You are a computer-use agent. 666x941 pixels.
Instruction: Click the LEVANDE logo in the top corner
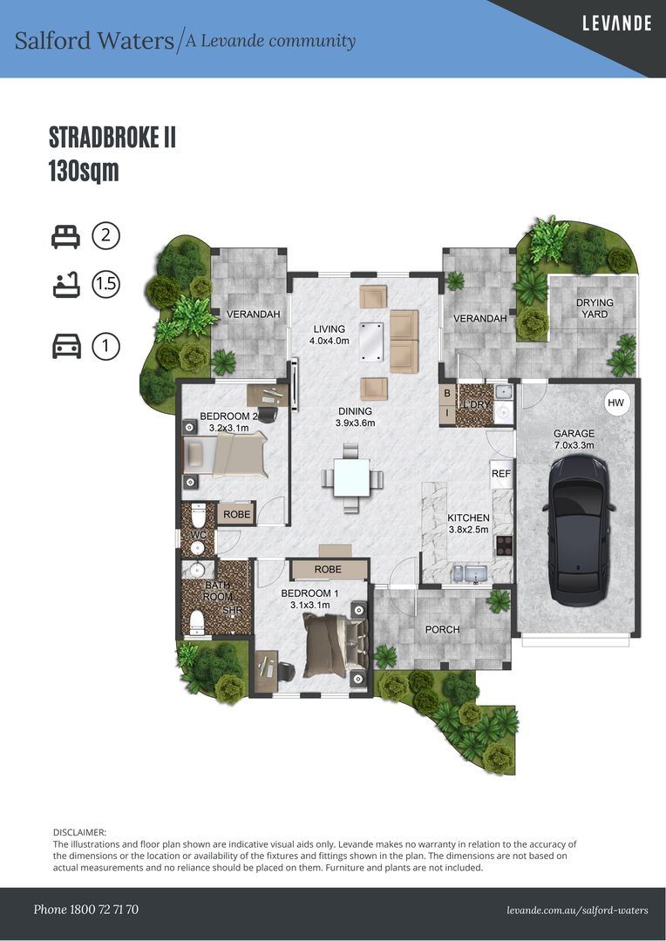[617, 24]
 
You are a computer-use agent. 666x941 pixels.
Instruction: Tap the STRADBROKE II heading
[112, 138]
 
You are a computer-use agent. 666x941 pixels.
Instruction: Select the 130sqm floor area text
[84, 172]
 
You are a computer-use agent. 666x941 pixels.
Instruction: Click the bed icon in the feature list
[65, 236]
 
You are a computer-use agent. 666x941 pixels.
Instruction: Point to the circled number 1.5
[105, 284]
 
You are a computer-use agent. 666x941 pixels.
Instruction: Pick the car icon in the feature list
[66, 346]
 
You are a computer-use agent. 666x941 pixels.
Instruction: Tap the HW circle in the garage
[615, 403]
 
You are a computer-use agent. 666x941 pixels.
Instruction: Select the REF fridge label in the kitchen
[501, 473]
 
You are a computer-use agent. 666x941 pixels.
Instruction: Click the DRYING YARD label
[595, 308]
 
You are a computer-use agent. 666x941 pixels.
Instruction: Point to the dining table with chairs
[352, 477]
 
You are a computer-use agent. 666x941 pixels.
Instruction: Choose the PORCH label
[442, 630]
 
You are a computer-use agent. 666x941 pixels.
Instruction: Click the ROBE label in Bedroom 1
[328, 569]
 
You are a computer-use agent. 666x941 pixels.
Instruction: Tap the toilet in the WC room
[198, 515]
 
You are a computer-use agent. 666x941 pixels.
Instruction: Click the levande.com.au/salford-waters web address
[577, 910]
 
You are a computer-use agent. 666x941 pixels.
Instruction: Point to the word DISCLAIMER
[79, 832]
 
